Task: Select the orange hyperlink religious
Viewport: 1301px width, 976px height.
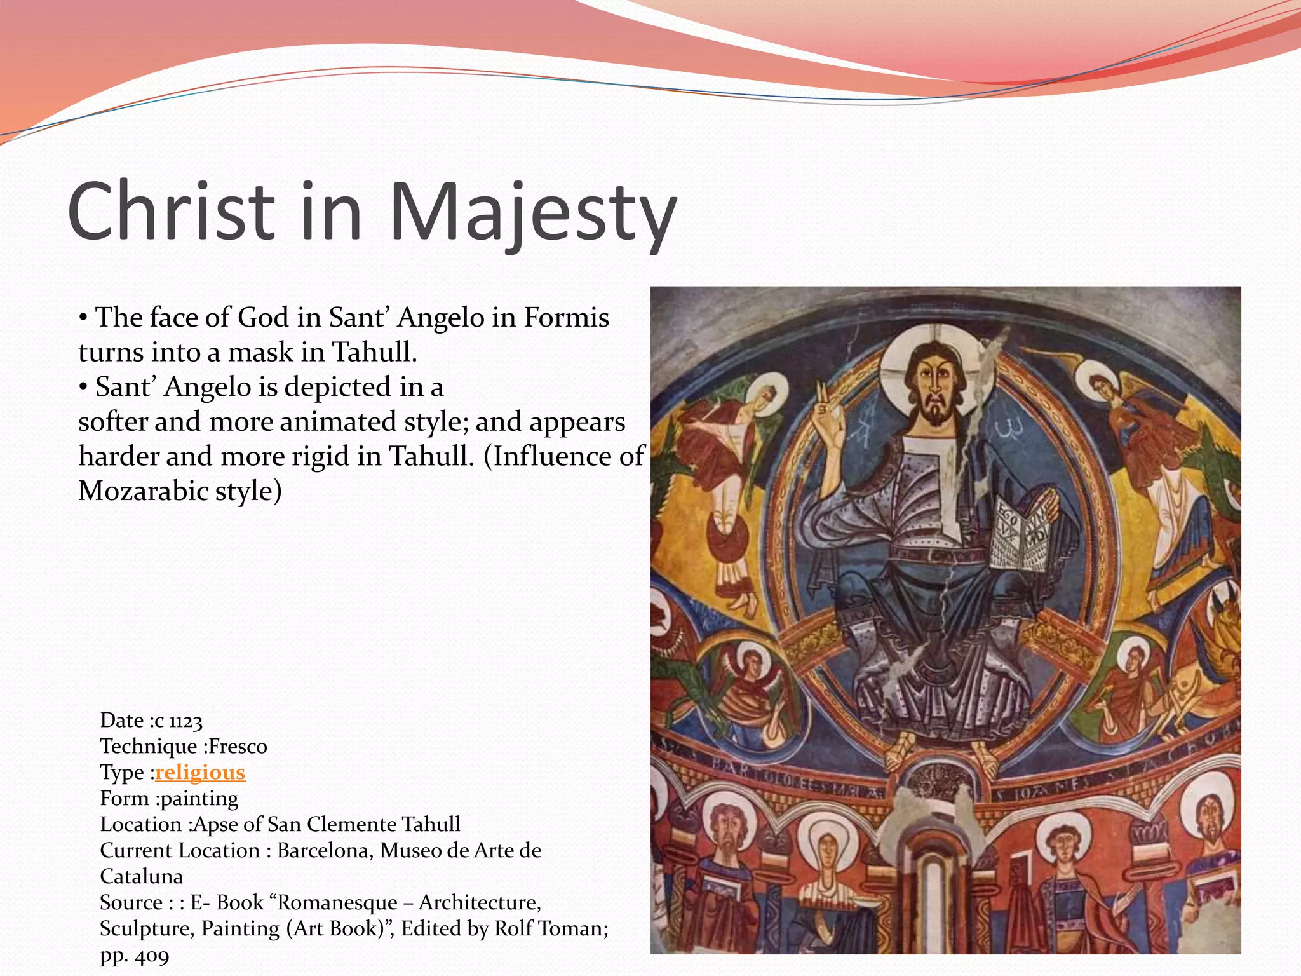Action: pyautogui.click(x=200, y=773)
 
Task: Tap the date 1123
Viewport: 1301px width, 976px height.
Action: pyautogui.click(x=186, y=721)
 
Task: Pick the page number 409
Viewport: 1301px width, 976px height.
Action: pyautogui.click(x=152, y=955)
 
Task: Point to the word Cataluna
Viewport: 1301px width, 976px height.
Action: pyautogui.click(x=141, y=877)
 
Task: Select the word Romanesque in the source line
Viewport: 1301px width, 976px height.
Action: pyautogui.click(x=338, y=903)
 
